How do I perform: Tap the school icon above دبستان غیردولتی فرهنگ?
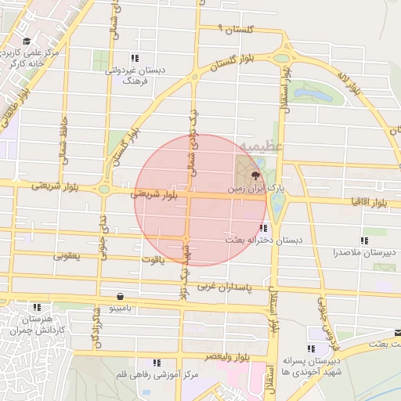click(x=135, y=58)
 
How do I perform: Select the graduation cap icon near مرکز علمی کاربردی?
click(x=27, y=42)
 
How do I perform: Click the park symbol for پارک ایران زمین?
click(x=255, y=176)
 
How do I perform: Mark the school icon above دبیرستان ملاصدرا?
click(x=363, y=240)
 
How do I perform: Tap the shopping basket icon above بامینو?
click(x=120, y=297)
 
